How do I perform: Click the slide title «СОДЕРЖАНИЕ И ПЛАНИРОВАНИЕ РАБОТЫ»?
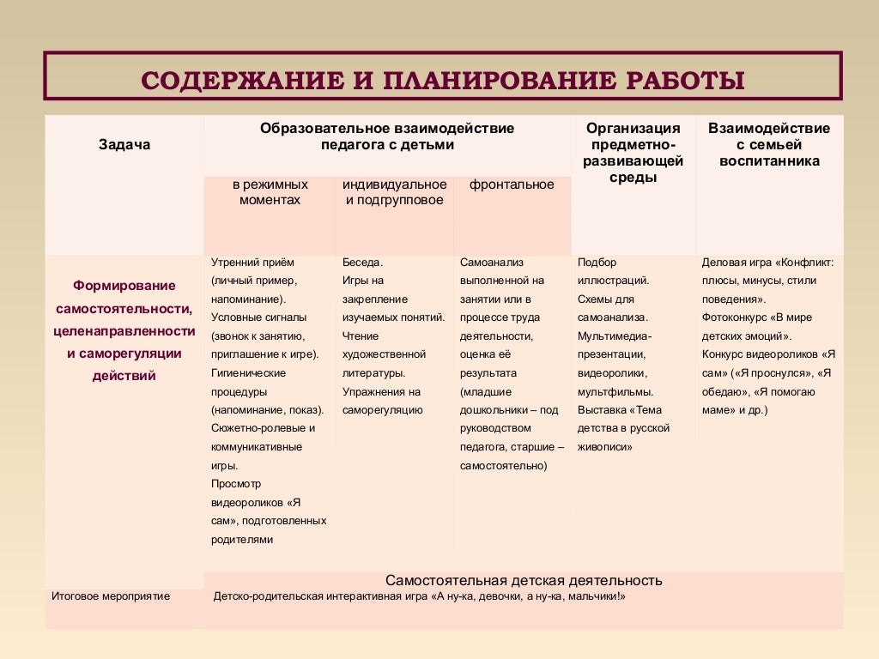tap(443, 81)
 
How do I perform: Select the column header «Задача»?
tap(124, 144)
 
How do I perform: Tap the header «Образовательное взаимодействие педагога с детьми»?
tap(387, 136)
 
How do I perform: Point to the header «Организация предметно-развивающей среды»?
tap(633, 153)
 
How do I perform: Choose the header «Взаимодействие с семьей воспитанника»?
tap(769, 144)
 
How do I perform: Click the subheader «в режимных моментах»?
tap(269, 192)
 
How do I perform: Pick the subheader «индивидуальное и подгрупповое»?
tap(394, 192)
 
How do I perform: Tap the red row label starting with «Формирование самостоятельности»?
tap(124, 329)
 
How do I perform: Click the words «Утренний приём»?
tap(252, 263)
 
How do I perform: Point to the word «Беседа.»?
tap(362, 263)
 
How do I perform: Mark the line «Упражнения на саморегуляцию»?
tap(381, 401)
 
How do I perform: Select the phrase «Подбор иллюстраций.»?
tap(613, 271)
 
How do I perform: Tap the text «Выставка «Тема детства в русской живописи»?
tap(623, 428)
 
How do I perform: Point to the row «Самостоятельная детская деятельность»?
tap(524, 581)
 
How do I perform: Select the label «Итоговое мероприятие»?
tap(111, 596)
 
